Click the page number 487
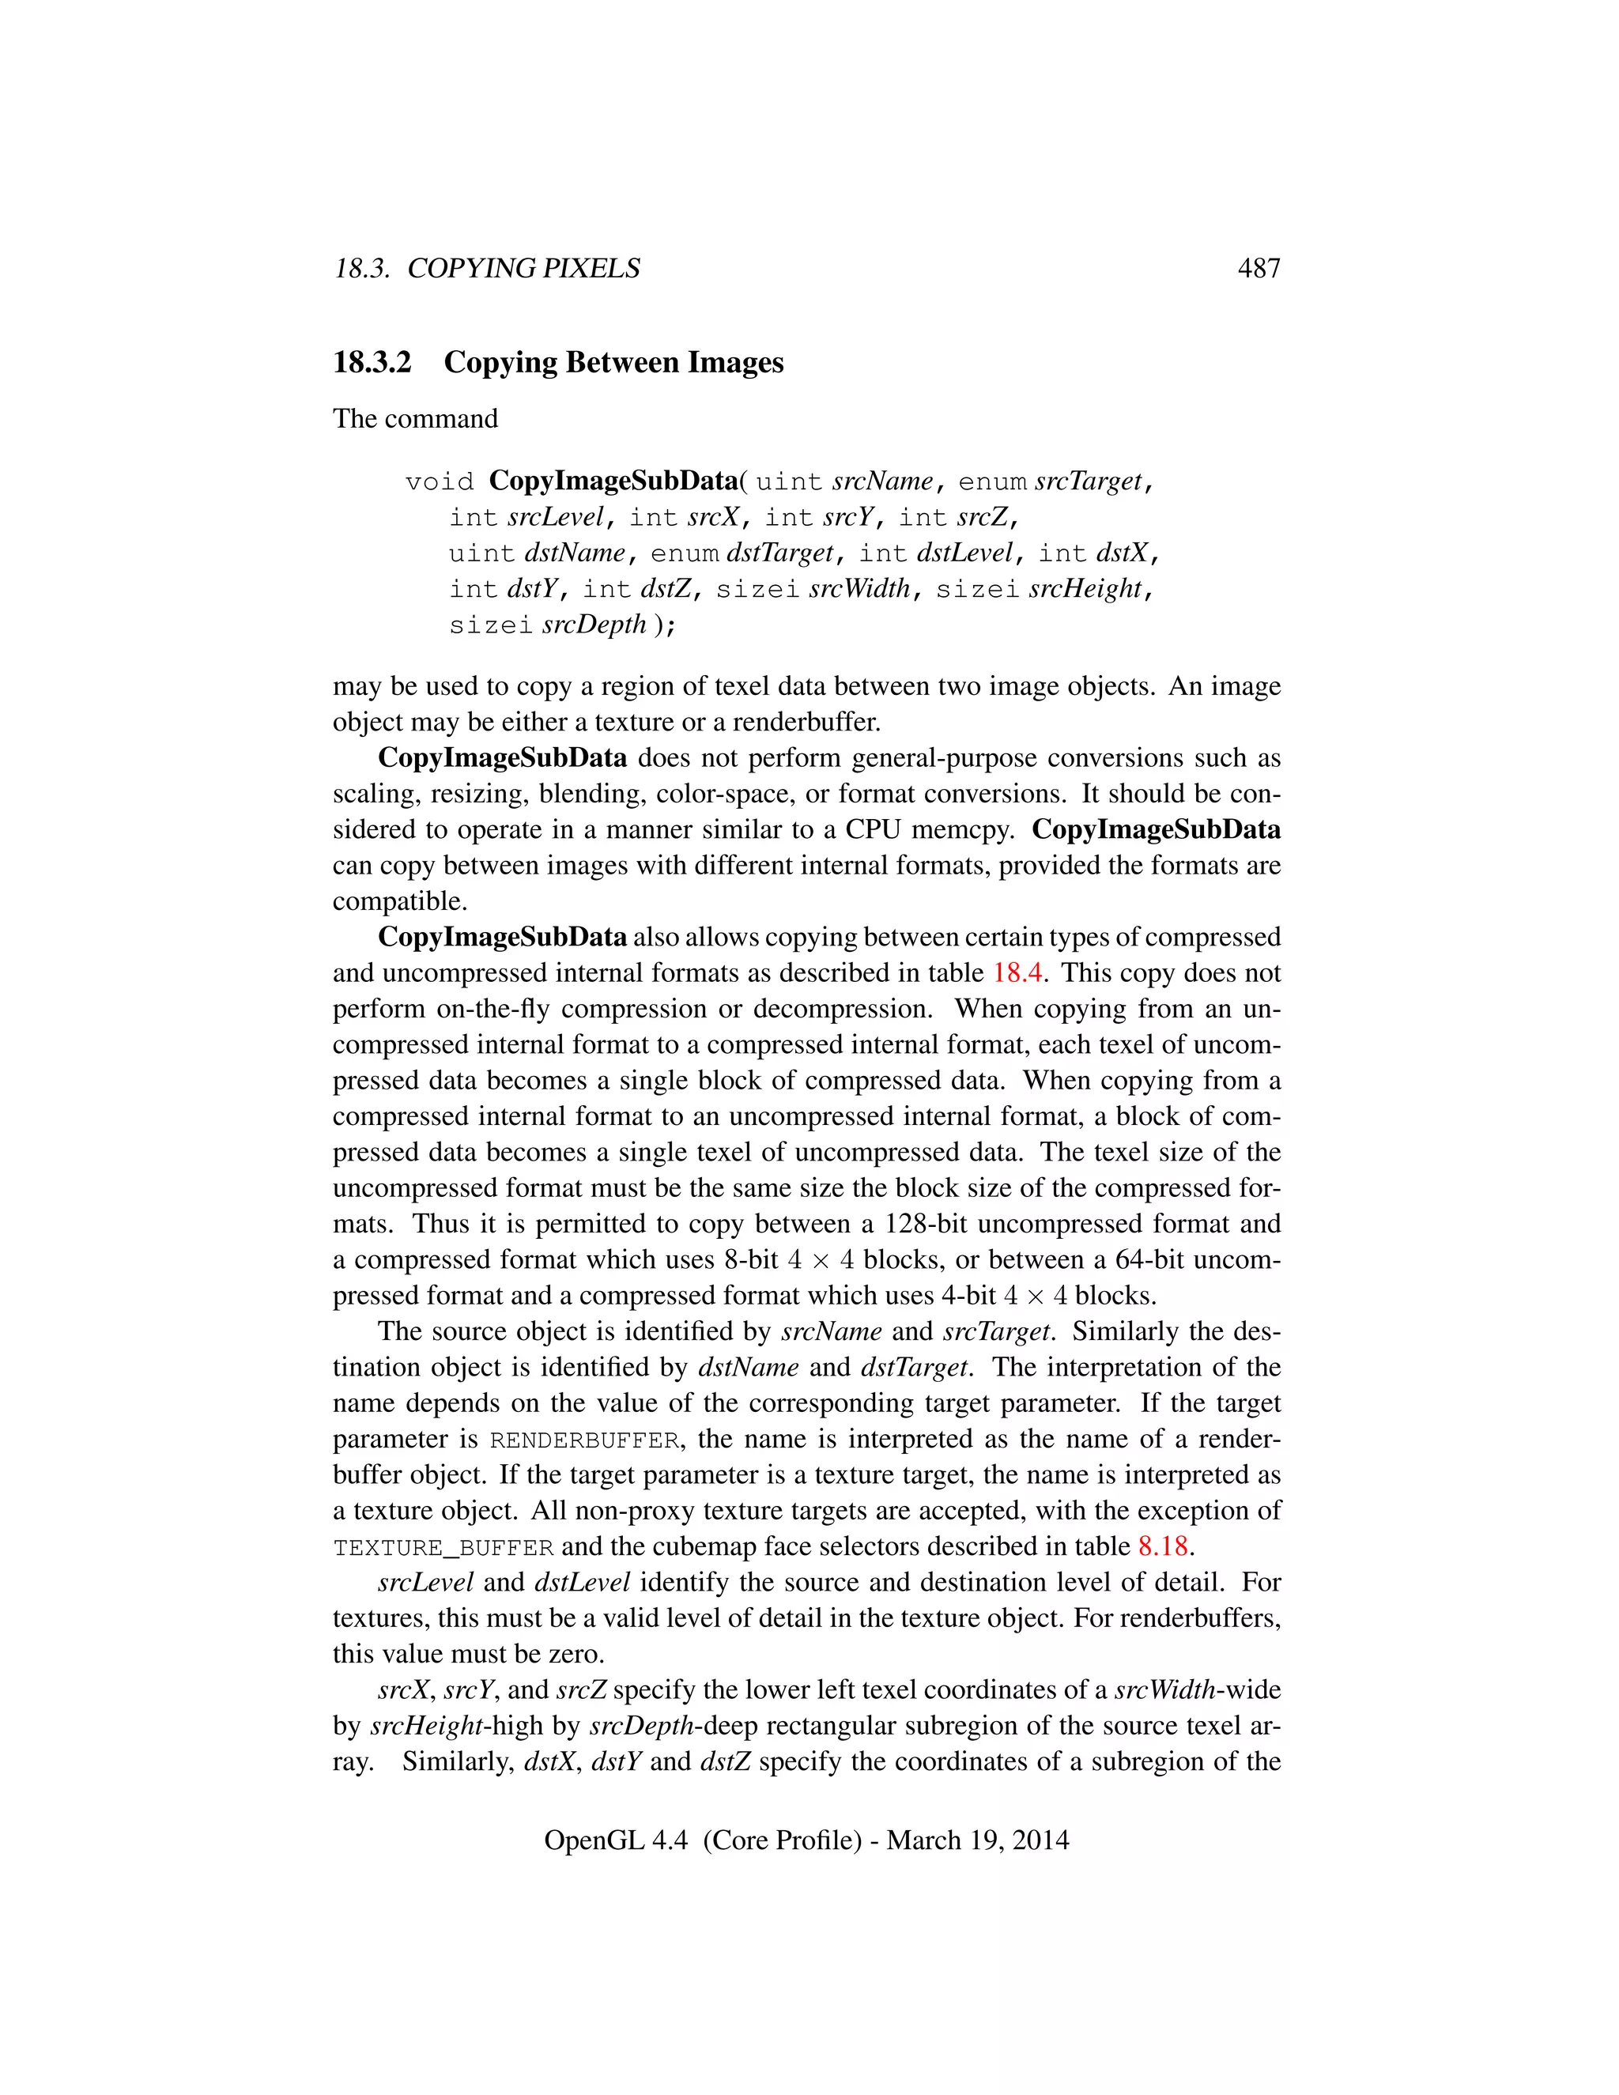1259,269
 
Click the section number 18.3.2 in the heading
372,363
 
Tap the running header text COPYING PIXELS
523,269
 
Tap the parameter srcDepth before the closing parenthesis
594,625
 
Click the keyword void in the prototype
440,481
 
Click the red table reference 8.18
1162,1546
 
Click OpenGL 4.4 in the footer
616,1840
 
